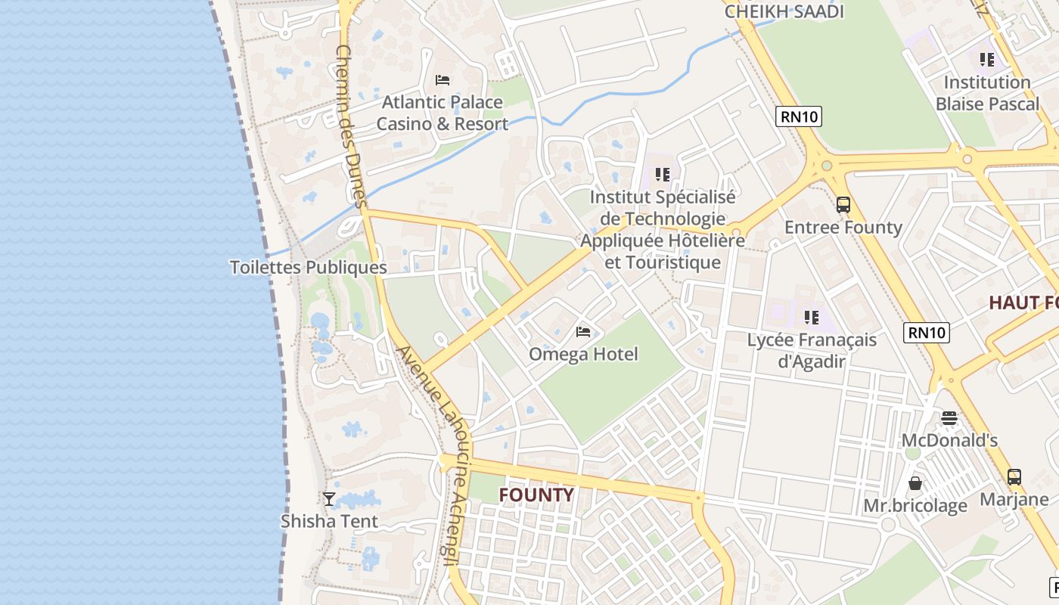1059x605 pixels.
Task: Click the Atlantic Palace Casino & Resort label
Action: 443,113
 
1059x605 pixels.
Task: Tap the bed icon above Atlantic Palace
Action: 443,79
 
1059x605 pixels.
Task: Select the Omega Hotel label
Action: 583,354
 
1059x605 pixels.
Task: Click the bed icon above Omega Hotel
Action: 583,331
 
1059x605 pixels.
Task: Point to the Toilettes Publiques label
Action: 308,267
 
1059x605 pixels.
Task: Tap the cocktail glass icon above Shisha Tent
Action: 329,498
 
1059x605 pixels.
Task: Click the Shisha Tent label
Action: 329,521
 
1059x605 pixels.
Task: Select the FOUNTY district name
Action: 536,495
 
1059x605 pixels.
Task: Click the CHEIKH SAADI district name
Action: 784,11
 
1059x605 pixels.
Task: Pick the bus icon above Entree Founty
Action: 843,204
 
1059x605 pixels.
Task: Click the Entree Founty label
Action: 843,227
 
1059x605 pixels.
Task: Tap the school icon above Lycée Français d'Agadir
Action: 812,318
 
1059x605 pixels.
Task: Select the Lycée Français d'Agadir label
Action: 812,350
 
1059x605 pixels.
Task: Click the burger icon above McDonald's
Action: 949,417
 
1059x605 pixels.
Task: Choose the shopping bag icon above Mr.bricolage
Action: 915,482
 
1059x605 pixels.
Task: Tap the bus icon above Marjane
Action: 1014,477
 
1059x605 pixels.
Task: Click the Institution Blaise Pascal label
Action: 987,93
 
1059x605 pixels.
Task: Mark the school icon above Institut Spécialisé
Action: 663,175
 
